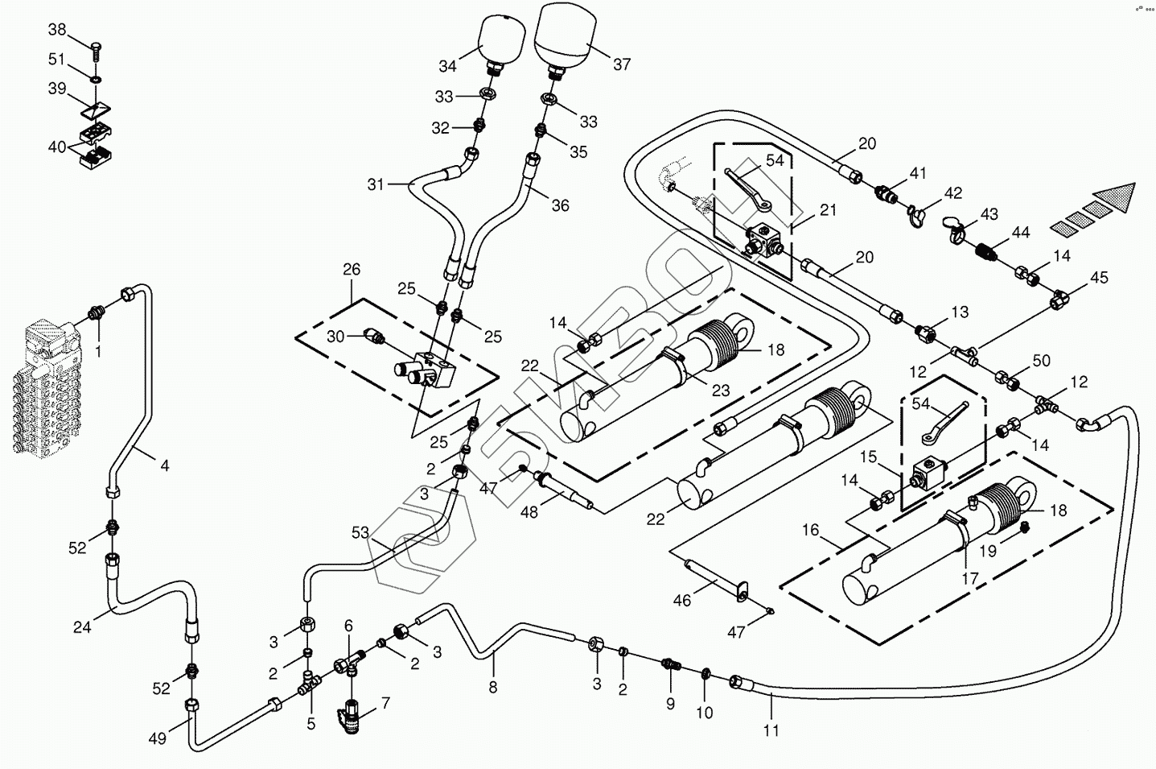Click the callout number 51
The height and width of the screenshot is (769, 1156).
(56, 60)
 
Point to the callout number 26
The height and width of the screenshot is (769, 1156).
(352, 270)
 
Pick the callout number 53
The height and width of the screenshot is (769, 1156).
(360, 532)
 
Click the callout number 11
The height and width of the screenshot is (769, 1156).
(771, 730)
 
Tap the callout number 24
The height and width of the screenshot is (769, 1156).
(82, 627)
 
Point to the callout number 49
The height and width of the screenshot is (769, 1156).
(158, 739)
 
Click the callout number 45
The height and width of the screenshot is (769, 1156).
(1099, 277)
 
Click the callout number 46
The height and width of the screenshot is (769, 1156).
(682, 600)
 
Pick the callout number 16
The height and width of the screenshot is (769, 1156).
(810, 530)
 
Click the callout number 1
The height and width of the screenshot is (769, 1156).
(98, 352)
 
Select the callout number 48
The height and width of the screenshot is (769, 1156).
(529, 512)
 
